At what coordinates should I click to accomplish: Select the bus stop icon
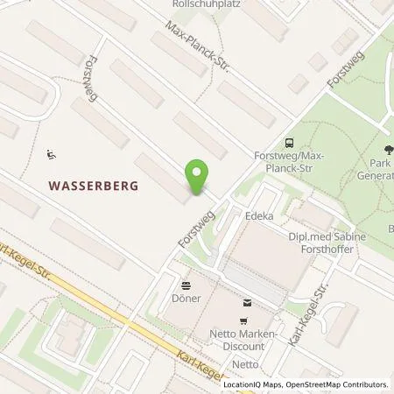pyautogui.click(x=289, y=143)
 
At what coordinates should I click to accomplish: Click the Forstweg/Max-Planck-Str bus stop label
pyautogui.click(x=289, y=162)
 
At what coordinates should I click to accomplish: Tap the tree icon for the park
pyautogui.click(x=388, y=149)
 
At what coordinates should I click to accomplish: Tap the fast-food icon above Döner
pyautogui.click(x=186, y=285)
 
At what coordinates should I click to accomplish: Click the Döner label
pyautogui.click(x=186, y=299)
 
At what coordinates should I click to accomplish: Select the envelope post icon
pyautogui.click(x=246, y=304)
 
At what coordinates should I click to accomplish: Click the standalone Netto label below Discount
pyautogui.click(x=246, y=363)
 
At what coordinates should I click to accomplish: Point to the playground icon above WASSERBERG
pyautogui.click(x=52, y=154)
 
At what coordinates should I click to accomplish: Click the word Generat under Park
pyautogui.click(x=381, y=174)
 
